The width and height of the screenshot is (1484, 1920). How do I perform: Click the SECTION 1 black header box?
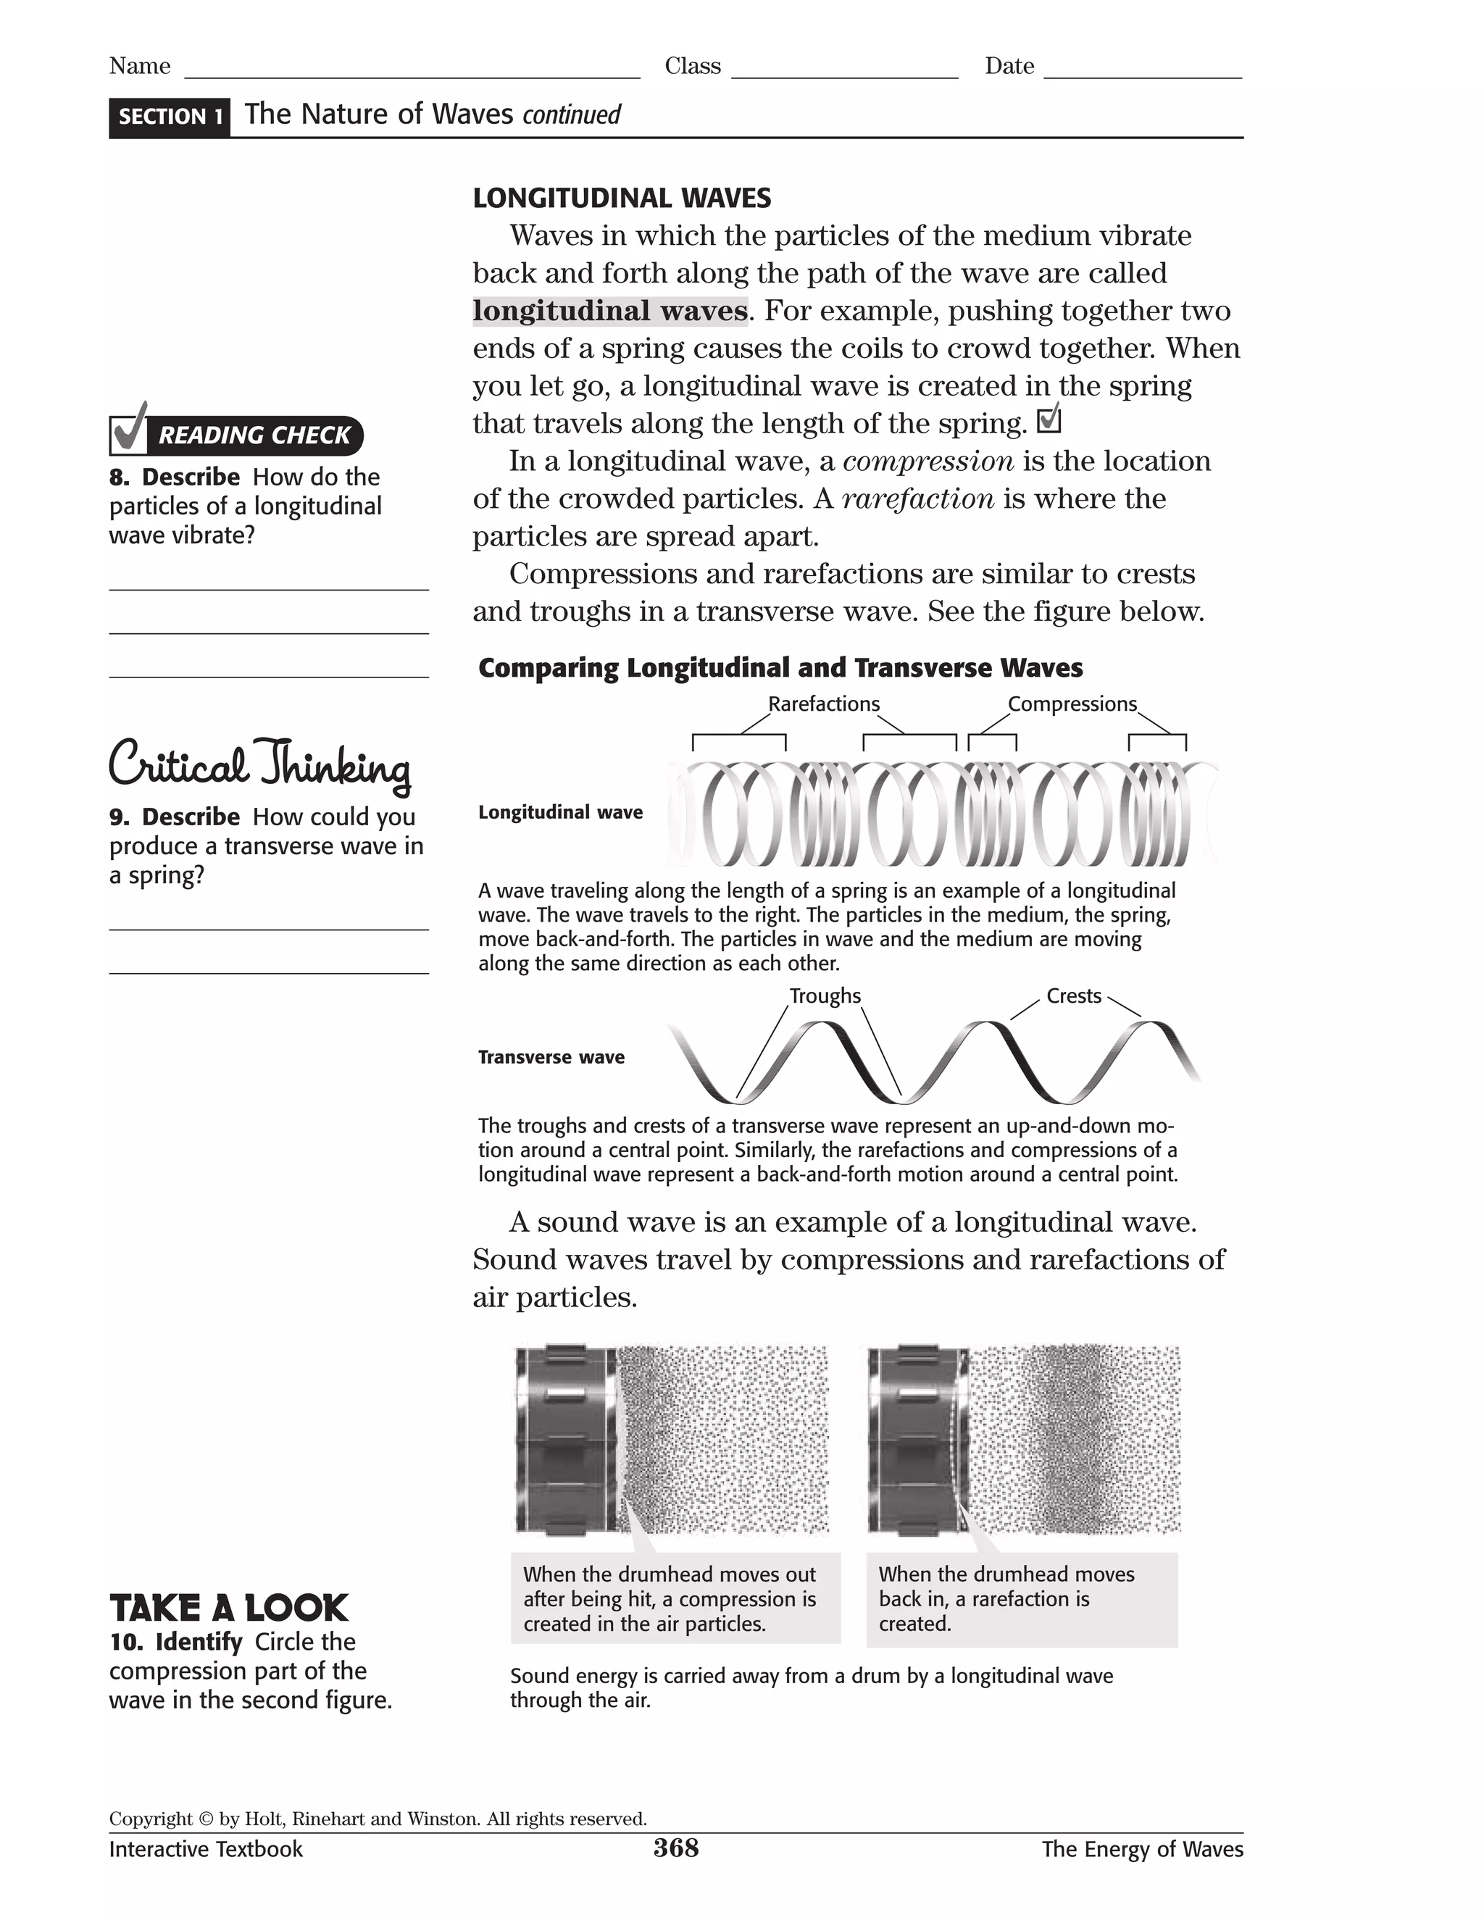170,117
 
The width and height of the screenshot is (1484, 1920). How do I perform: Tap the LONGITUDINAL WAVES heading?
622,199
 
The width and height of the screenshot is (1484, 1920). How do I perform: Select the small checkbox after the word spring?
1049,421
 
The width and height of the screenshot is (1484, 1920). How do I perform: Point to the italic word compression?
928,462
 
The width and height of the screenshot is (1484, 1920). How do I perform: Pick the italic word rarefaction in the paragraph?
918,499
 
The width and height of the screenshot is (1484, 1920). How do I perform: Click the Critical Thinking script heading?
259,763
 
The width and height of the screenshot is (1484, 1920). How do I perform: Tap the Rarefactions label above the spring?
824,704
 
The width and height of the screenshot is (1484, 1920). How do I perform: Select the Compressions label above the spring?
1072,704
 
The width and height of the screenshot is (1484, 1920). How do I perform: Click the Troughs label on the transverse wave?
825,996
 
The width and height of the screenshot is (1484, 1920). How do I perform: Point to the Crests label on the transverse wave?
1073,996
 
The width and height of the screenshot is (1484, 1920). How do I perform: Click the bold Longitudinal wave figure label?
560,812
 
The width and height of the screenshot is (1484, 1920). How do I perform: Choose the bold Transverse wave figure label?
551,1058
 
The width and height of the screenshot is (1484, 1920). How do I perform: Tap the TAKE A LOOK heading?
228,1608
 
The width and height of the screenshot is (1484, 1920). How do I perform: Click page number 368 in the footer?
675,1848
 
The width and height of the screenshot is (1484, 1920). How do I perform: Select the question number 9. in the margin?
119,817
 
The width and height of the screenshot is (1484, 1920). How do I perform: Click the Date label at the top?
1009,67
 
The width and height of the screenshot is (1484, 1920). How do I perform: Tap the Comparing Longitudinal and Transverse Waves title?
780,668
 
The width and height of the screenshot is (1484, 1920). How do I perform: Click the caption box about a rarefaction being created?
1022,1599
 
